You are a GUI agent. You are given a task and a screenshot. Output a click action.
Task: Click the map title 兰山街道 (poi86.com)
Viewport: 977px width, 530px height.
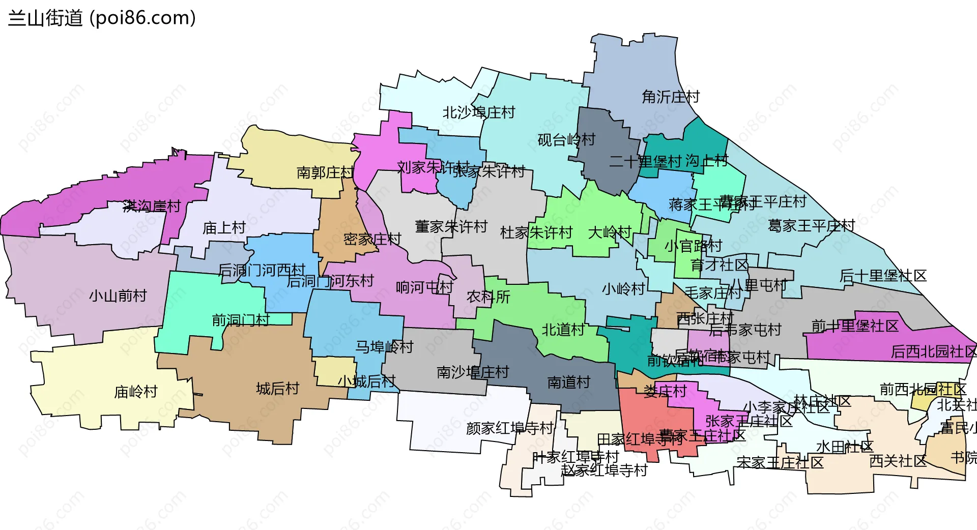pos(102,18)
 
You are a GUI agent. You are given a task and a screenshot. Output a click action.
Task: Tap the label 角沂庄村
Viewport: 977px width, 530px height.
pos(670,97)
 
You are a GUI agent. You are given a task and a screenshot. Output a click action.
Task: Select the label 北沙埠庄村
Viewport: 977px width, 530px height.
pos(478,112)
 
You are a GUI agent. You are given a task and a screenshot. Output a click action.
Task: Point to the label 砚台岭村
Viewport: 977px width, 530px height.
pos(566,140)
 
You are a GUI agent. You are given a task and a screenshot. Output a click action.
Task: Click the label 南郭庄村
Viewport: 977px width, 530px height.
pos(325,172)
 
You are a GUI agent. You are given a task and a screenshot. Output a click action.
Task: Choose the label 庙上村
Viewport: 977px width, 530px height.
pos(224,228)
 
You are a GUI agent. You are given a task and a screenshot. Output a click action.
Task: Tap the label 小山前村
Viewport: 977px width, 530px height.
pos(118,296)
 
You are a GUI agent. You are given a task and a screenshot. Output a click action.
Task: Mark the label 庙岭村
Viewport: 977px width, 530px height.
pos(135,392)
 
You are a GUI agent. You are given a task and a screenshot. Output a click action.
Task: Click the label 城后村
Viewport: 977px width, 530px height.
pos(277,389)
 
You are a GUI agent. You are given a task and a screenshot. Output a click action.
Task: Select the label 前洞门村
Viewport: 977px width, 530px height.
pos(240,320)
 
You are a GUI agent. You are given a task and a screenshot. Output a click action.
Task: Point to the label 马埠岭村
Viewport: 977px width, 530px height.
pos(384,347)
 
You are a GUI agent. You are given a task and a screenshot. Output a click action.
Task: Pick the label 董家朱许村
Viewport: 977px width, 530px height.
pos(451,226)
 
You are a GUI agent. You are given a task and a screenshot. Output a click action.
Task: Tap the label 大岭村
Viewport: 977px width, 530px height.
pos(609,232)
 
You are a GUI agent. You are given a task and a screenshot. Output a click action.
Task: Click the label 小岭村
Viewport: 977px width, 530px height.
pos(623,289)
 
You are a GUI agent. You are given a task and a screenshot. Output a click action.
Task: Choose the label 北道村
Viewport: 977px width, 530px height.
pos(563,330)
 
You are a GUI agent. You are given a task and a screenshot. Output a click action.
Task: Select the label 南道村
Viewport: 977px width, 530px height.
pos(568,382)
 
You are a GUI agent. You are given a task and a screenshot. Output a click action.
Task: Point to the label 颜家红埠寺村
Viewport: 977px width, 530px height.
pos(509,428)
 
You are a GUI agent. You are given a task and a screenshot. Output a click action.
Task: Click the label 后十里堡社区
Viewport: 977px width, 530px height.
pos(883,276)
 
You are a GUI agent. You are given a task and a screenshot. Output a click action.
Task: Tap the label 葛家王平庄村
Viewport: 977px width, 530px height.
pos(811,225)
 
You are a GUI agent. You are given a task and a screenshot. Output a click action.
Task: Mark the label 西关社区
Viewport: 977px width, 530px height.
pos(898,461)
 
